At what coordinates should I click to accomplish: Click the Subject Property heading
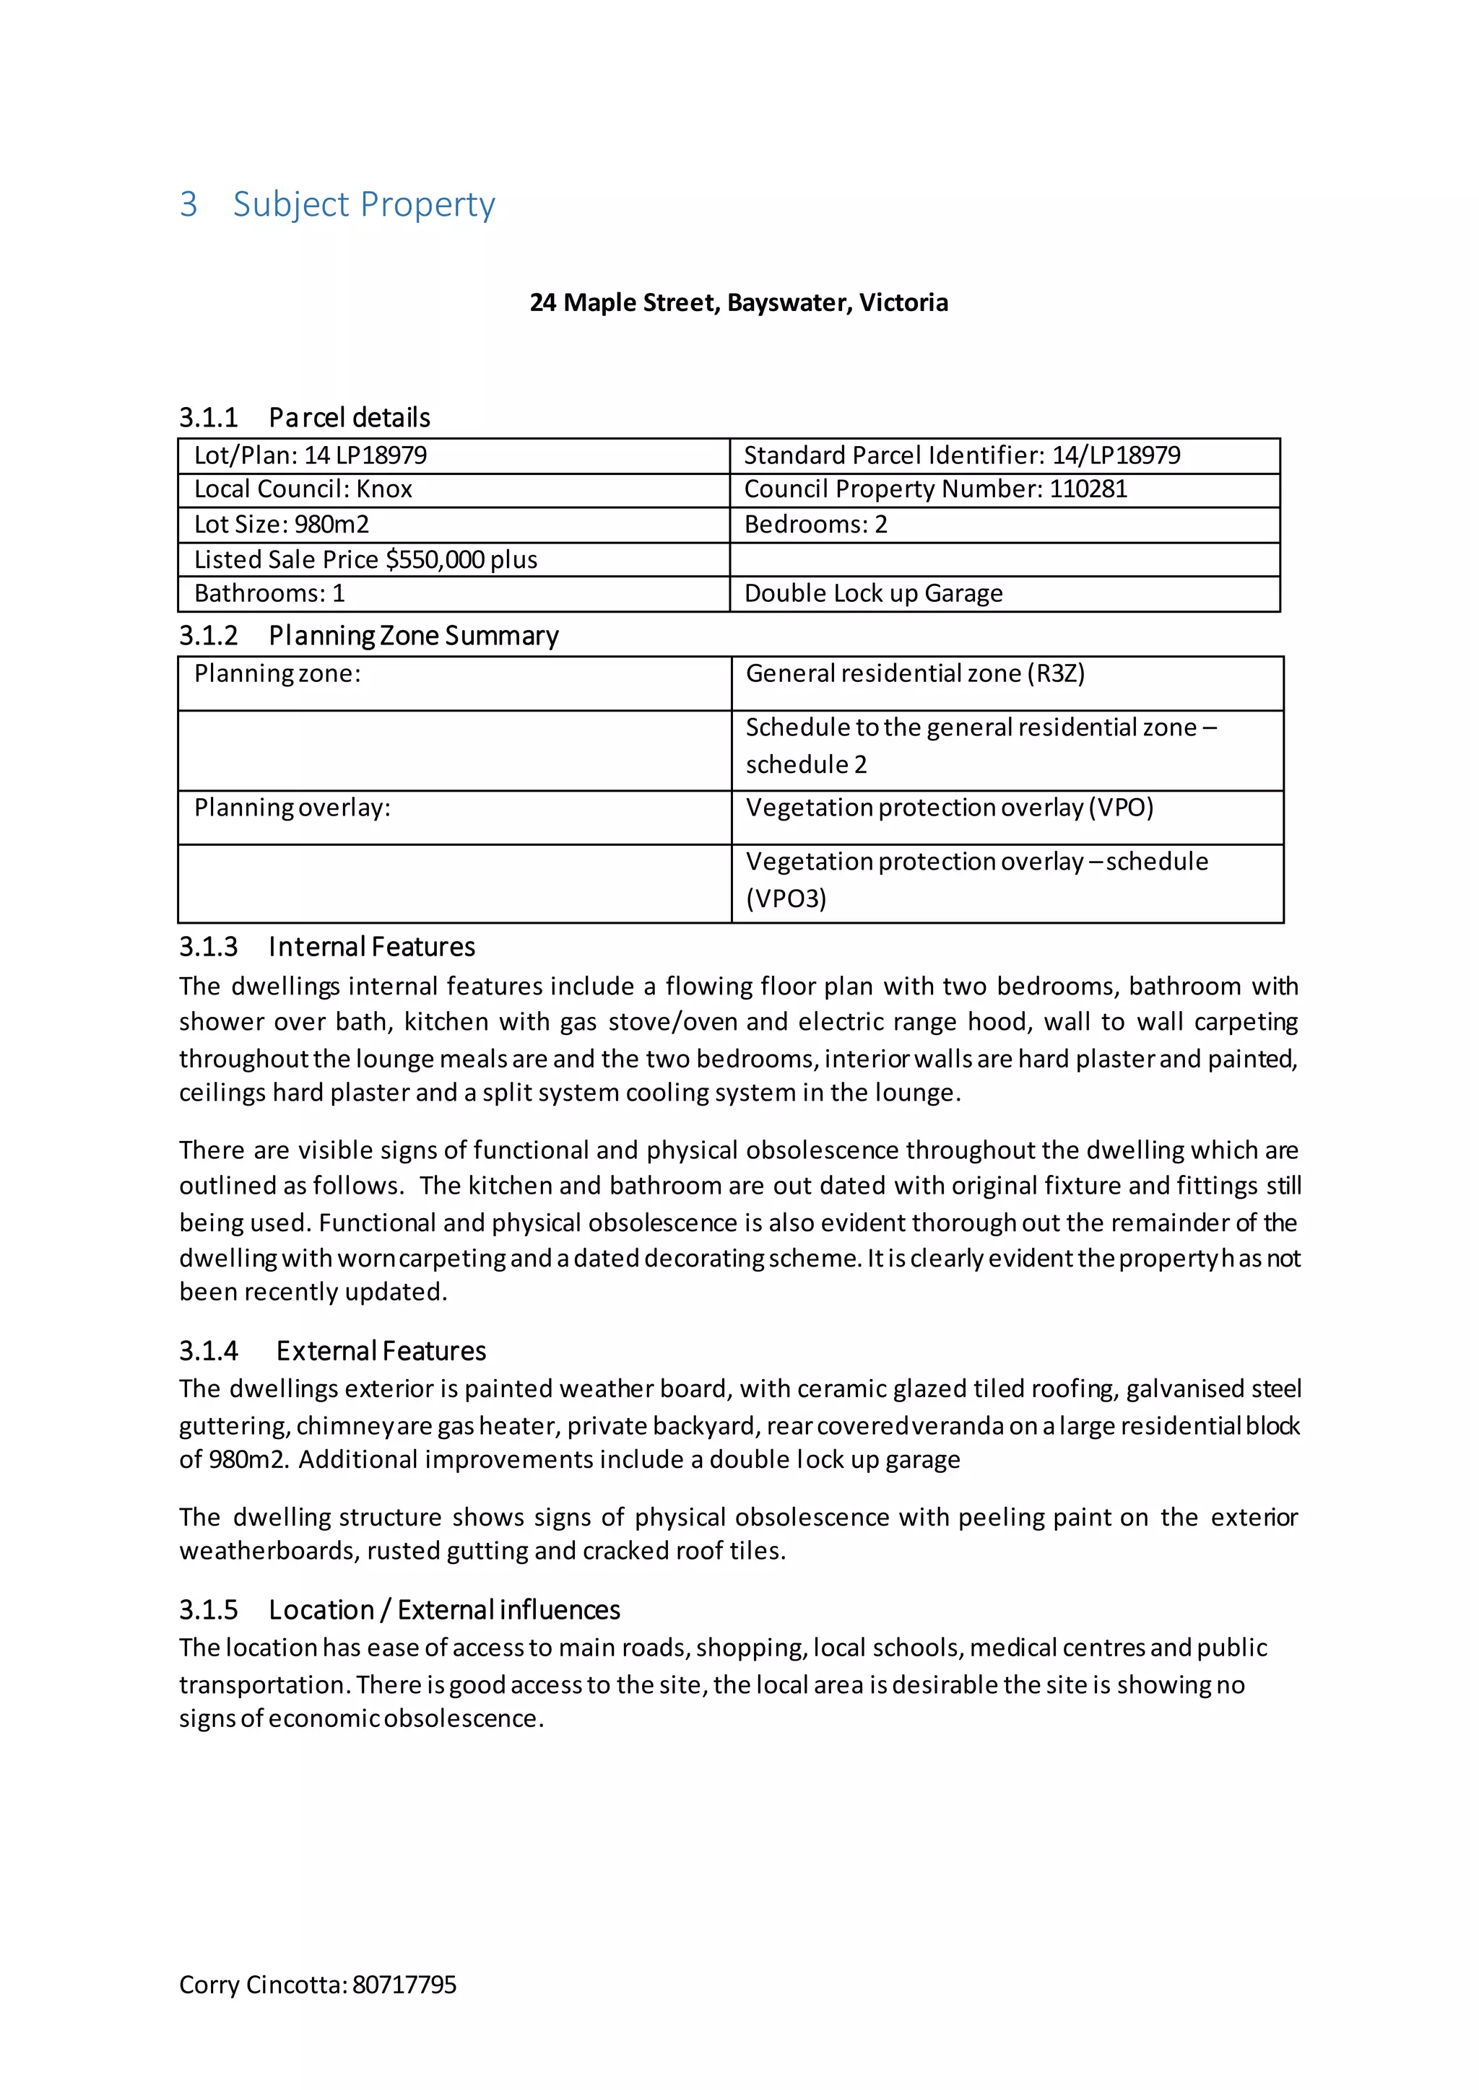point(363,204)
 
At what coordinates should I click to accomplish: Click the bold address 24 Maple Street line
point(739,302)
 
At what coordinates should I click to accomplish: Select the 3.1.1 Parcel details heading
point(304,417)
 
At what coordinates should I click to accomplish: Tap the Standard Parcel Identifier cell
point(962,455)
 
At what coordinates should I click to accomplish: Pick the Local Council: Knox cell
point(303,490)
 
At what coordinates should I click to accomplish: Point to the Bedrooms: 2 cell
point(815,525)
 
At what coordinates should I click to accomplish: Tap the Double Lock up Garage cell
point(873,593)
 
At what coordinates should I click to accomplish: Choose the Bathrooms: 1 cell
point(269,593)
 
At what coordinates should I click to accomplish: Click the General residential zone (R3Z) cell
point(914,673)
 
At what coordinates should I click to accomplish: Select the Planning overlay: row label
point(292,808)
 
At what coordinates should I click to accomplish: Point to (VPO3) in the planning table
point(786,898)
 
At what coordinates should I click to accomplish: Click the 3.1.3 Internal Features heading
point(327,947)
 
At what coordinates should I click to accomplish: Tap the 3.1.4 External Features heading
point(332,1351)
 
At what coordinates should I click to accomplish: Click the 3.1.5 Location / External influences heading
point(399,1609)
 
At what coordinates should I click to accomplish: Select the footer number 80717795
point(404,1985)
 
